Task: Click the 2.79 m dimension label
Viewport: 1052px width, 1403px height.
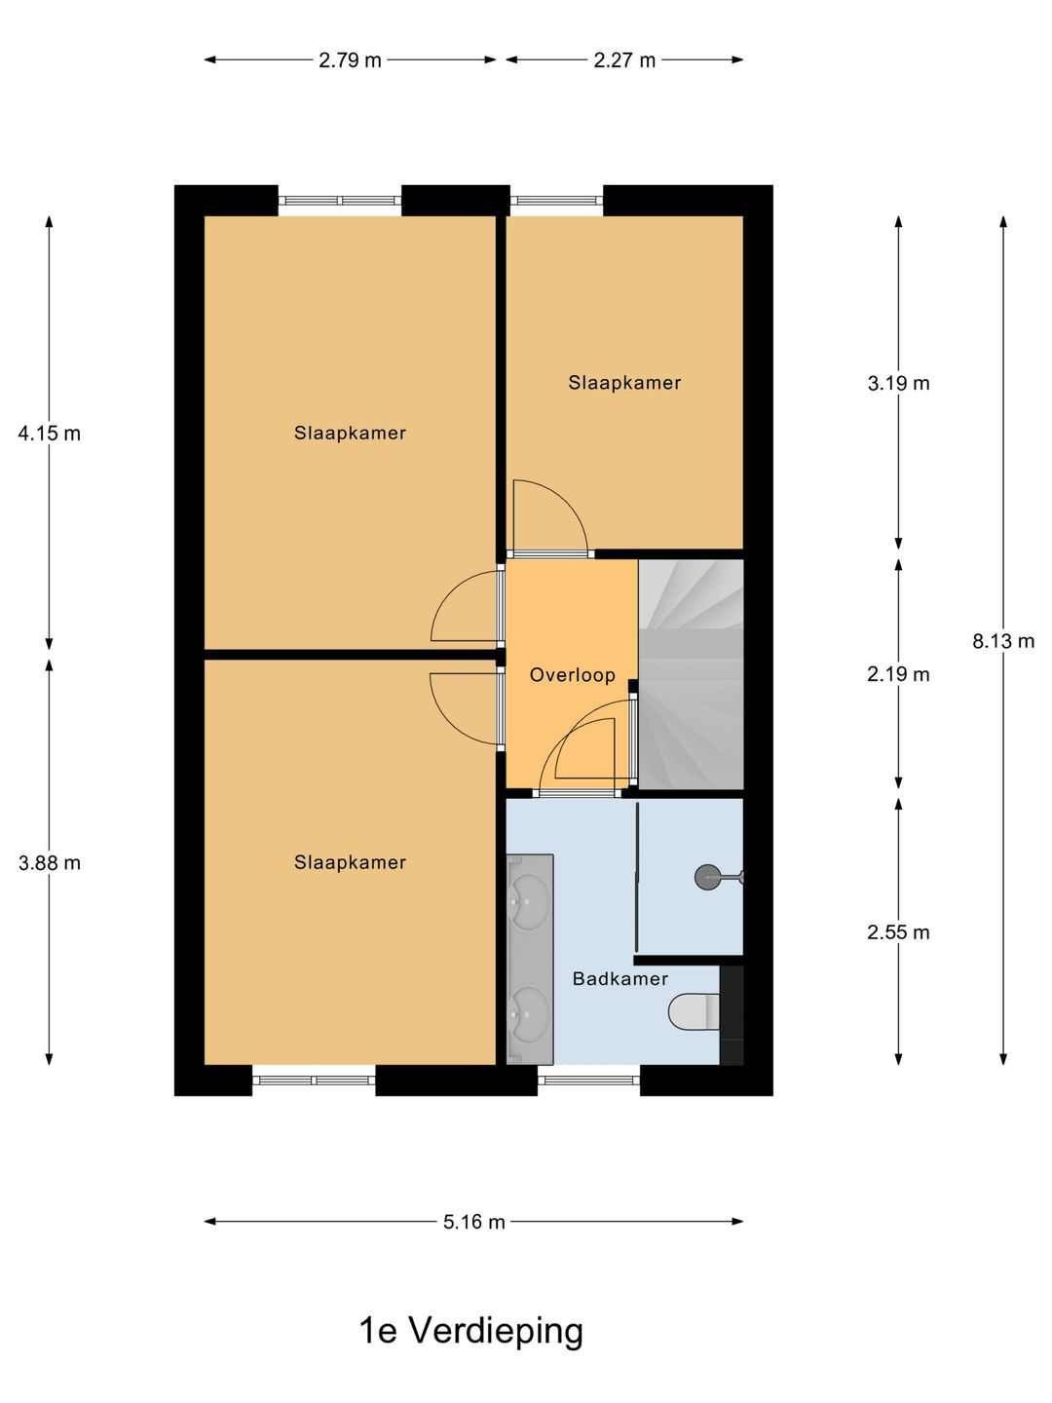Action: click(350, 60)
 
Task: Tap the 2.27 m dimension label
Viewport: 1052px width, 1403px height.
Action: click(624, 60)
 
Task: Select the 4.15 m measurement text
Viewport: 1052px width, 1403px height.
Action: click(50, 434)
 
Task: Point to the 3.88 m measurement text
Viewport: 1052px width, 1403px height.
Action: click(50, 862)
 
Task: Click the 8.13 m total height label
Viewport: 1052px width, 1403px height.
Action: click(1003, 641)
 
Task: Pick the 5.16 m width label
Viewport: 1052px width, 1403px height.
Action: click(474, 1222)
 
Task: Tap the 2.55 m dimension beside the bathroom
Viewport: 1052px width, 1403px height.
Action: click(898, 932)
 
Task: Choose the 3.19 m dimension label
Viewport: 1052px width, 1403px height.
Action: click(898, 383)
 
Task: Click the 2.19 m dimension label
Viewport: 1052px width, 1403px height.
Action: click(898, 674)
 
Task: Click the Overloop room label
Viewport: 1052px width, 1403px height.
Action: click(572, 674)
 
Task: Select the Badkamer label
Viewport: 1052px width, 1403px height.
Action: click(620, 978)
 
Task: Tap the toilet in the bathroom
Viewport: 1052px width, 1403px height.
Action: click(694, 1011)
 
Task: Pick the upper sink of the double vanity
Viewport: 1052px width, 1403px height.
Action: click(530, 892)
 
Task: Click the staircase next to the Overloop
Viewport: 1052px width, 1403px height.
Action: click(691, 672)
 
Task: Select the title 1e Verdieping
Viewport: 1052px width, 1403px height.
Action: click(471, 1330)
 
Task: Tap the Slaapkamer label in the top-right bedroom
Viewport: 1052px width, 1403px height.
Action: click(624, 383)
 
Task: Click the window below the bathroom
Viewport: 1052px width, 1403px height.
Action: click(588, 1080)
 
